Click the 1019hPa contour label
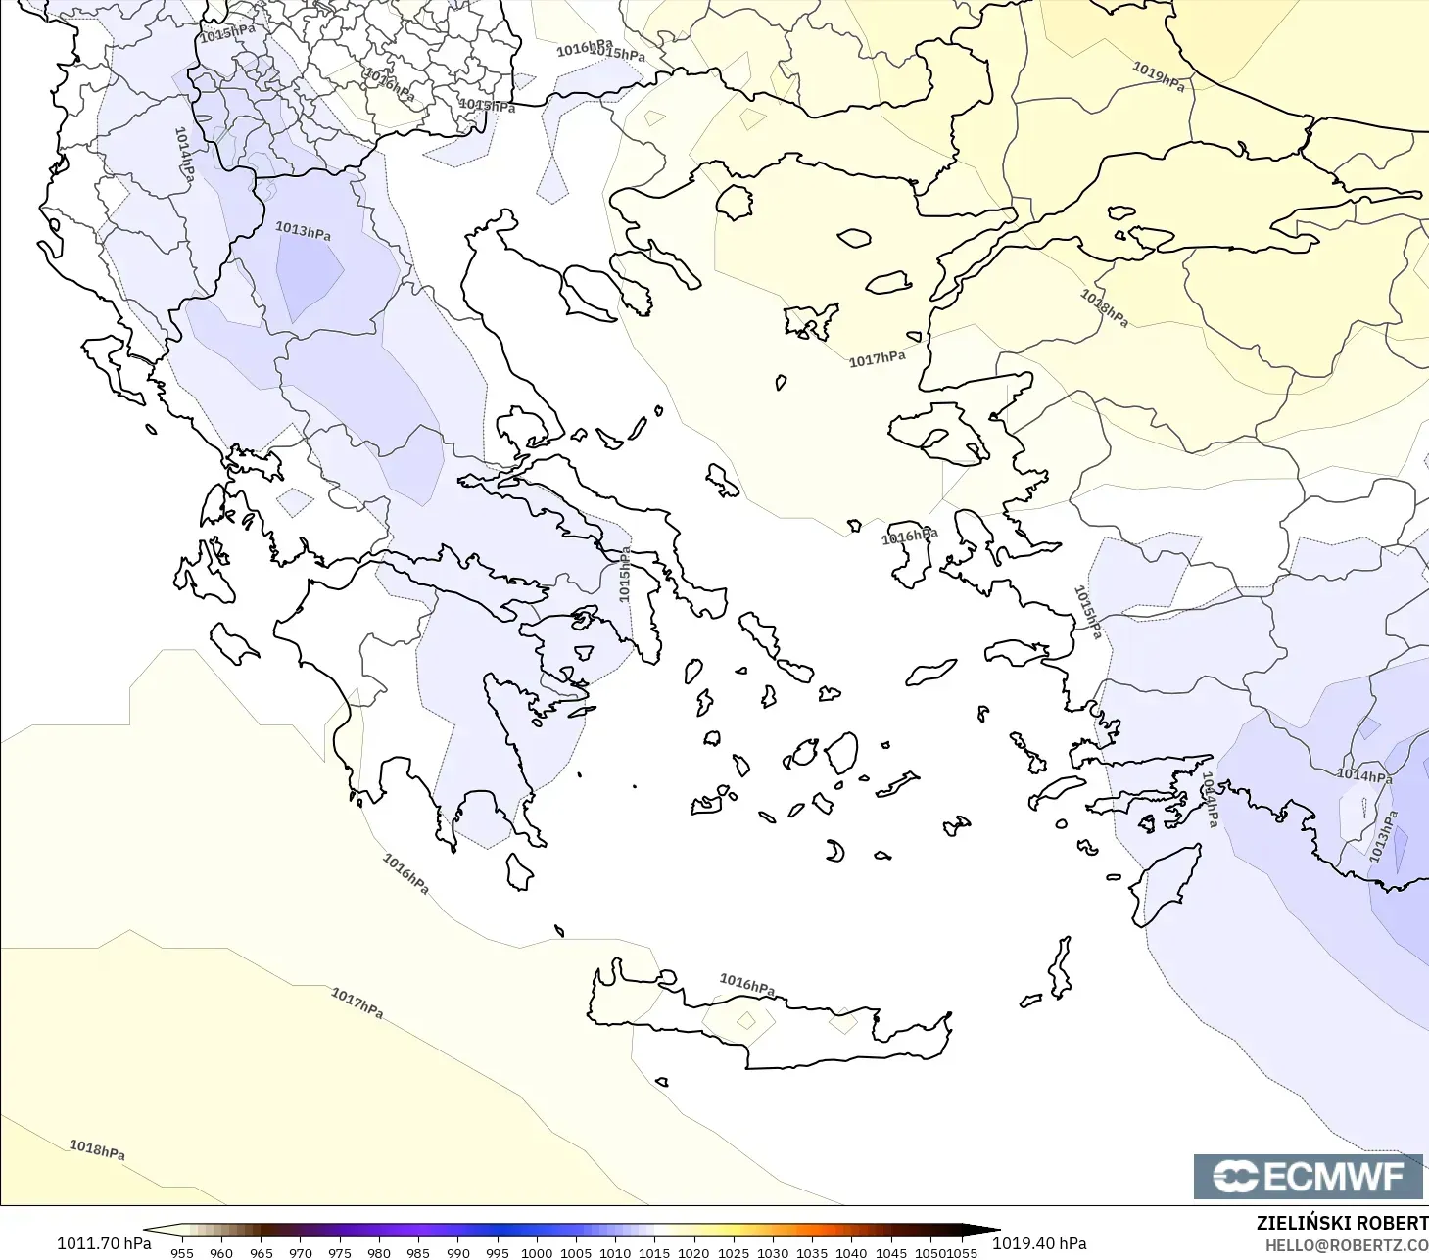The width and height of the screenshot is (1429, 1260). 1159,75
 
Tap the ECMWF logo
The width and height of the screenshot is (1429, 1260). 1308,1176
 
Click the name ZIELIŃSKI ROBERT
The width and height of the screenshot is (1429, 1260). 1342,1223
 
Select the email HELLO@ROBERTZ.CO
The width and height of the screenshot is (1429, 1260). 1346,1246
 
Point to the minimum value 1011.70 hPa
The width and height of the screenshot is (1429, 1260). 104,1243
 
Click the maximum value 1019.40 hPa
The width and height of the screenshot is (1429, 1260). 1039,1243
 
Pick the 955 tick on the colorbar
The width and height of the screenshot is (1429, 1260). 182,1252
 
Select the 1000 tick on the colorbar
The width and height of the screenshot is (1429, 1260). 537,1252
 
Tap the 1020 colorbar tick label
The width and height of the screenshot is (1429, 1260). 693,1252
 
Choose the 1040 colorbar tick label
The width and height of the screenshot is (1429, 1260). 851,1252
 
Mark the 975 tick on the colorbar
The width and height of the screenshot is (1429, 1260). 340,1252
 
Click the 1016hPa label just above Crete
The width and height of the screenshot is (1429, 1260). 747,984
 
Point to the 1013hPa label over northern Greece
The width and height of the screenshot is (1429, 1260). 303,231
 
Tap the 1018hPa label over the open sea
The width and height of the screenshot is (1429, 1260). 97,1149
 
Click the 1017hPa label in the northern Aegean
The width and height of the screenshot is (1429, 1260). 877,359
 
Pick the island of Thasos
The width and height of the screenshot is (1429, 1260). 734,202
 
